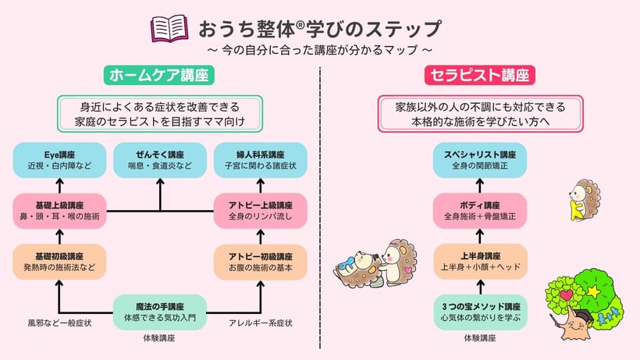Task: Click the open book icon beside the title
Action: pyautogui.click(x=169, y=29)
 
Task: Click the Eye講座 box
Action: pyautogui.click(x=59, y=160)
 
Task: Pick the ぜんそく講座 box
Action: pyautogui.click(x=160, y=160)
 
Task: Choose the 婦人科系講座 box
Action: pyautogui.click(x=261, y=160)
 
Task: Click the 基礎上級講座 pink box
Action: pyautogui.click(x=59, y=210)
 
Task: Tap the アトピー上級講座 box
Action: pyautogui.click(x=261, y=210)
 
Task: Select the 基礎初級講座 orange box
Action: pyautogui.click(x=59, y=262)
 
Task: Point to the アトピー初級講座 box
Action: pyautogui.click(x=261, y=262)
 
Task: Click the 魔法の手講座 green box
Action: pyautogui.click(x=160, y=312)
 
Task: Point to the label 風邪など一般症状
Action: pyautogui.click(x=59, y=322)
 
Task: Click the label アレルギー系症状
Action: pyautogui.click(x=261, y=322)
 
